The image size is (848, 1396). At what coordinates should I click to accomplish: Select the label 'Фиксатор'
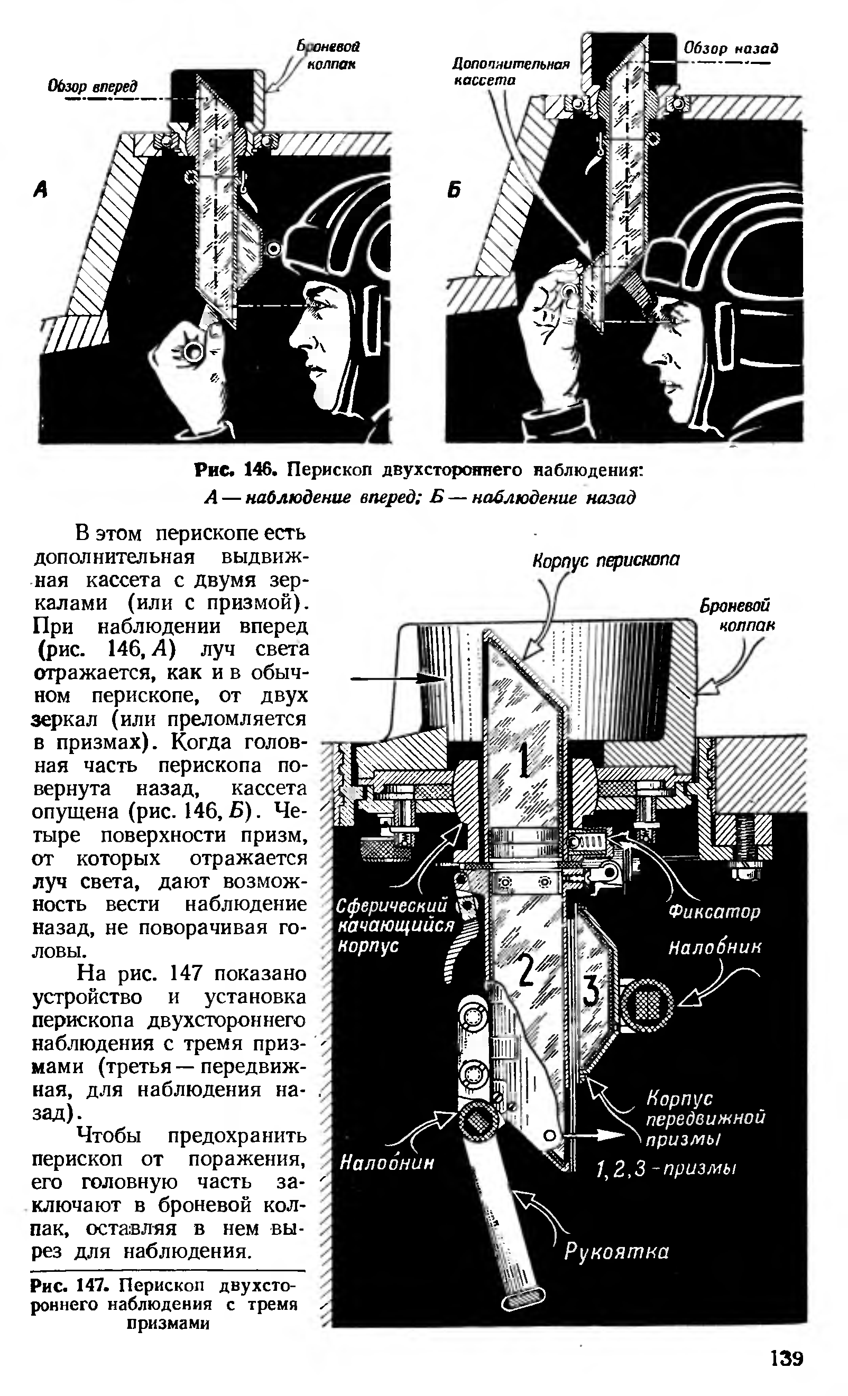[x=714, y=911]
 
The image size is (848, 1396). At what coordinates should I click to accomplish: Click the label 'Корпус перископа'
[x=605, y=560]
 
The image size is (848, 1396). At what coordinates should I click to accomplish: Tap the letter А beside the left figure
[x=40, y=190]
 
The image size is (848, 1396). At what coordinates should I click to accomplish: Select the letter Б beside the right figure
[x=454, y=190]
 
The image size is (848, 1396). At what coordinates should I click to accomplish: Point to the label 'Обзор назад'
[x=731, y=48]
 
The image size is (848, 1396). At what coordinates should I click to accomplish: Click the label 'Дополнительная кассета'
[x=510, y=72]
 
